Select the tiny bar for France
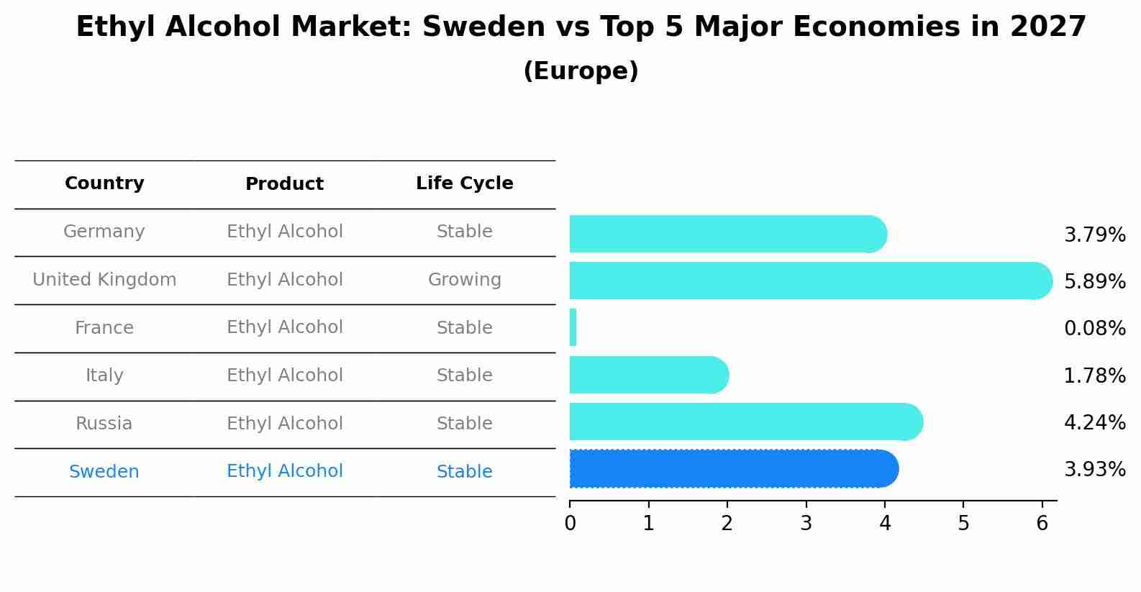point(573,328)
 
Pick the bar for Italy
point(648,375)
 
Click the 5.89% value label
point(1094,281)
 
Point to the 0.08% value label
point(1094,329)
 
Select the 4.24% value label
point(1094,422)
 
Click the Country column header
point(104,183)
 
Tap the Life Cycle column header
point(464,183)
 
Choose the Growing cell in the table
point(464,280)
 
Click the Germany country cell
point(104,232)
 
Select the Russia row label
point(104,424)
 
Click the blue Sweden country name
point(104,472)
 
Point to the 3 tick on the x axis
point(806,523)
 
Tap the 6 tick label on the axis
point(1042,523)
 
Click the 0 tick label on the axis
point(570,523)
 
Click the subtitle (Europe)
point(581,71)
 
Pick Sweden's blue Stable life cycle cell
point(464,472)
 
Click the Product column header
point(284,184)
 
